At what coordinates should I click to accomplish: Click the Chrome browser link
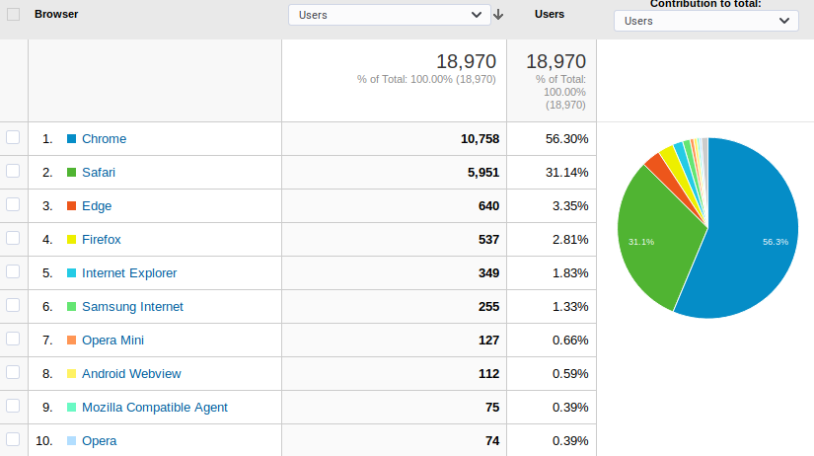104,138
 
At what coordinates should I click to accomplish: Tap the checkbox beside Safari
13,171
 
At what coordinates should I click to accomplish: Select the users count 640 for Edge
488,206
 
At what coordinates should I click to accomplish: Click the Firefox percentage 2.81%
570,240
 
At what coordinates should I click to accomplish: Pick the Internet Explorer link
129,273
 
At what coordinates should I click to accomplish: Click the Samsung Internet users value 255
488,307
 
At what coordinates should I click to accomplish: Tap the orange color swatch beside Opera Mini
72,341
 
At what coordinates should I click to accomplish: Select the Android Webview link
131,374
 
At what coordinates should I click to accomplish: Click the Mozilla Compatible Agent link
155,408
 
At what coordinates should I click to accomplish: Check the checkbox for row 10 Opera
13,439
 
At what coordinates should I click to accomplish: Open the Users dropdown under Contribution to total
706,21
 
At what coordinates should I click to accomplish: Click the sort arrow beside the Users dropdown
498,15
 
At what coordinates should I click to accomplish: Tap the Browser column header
56,14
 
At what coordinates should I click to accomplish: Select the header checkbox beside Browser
14,14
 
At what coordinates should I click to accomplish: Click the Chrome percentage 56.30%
567,138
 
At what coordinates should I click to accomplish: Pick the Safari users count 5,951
483,173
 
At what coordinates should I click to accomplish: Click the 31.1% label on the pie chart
641,242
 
